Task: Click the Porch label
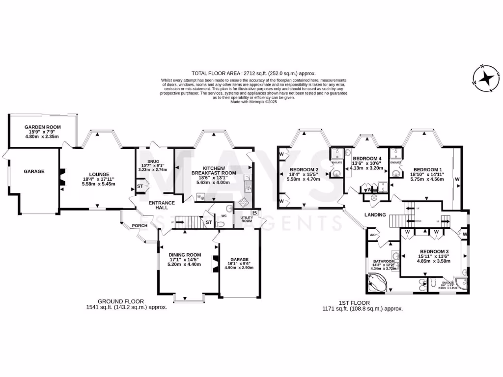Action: point(133,226)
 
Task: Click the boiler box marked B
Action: point(254,213)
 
